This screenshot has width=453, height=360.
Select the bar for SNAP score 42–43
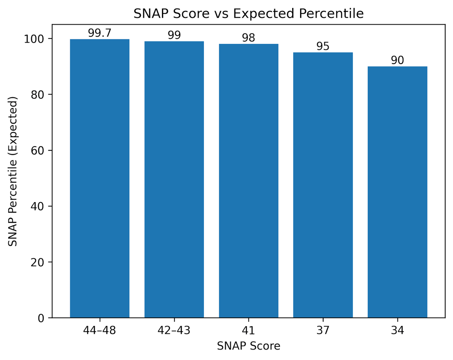tap(174, 179)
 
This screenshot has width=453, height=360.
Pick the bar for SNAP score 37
tap(323, 185)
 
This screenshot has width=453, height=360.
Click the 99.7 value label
tap(100, 33)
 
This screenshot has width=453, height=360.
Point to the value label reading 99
tap(174, 36)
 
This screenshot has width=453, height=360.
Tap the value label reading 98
tap(248, 38)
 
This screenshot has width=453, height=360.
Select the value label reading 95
tap(323, 46)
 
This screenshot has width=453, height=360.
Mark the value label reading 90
tap(397, 60)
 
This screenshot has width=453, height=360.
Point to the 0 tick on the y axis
tap(40, 318)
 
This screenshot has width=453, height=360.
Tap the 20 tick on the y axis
tap(38, 262)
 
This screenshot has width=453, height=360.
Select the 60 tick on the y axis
tap(38, 150)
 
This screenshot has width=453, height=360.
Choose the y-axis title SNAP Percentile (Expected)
tap(13, 172)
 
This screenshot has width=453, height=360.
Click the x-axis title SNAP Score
tap(248, 346)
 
